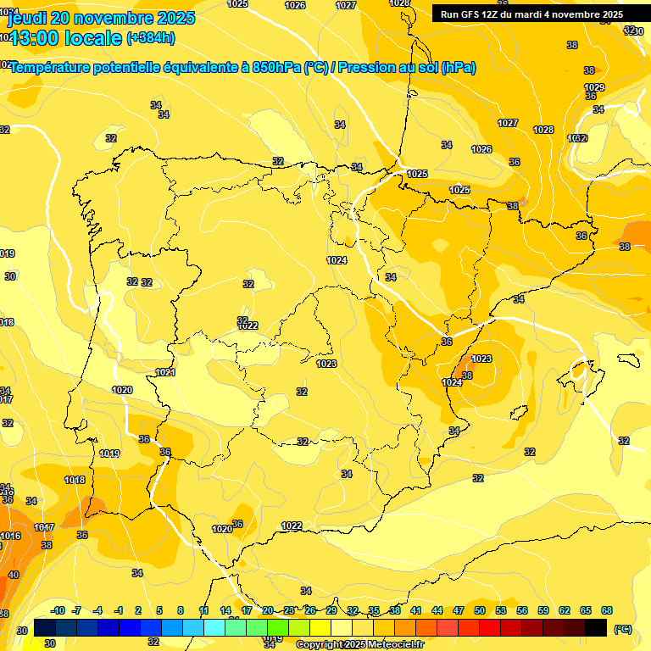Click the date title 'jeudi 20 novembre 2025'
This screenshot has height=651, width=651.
(x=101, y=18)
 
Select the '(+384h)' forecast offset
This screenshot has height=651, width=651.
(x=150, y=38)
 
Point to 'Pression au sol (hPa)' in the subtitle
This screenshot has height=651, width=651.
(x=407, y=68)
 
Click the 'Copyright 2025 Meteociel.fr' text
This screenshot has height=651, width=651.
(x=359, y=644)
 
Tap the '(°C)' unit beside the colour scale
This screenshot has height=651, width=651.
(x=622, y=630)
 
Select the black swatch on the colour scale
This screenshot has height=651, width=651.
(x=596, y=627)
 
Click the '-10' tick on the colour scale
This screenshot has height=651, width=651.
(x=58, y=610)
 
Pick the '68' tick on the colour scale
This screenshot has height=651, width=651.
(x=607, y=610)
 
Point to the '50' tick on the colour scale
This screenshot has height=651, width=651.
(x=480, y=610)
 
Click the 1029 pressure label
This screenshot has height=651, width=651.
(x=594, y=88)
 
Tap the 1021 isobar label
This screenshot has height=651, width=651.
(x=165, y=373)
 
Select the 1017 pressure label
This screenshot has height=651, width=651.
(x=44, y=527)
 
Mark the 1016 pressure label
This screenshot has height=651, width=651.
(x=10, y=536)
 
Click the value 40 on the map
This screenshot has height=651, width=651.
(x=13, y=575)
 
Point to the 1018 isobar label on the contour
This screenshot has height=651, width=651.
(x=75, y=480)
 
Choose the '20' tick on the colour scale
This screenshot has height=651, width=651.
(x=268, y=610)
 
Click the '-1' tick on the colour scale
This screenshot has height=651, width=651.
(x=119, y=610)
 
